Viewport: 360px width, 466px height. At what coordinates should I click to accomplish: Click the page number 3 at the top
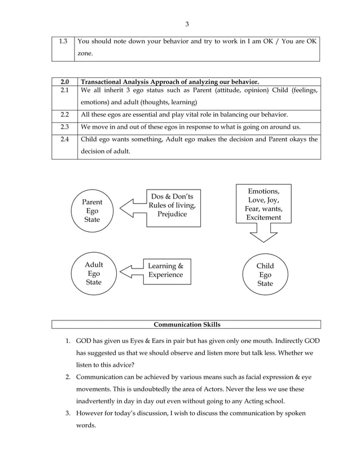[187, 24]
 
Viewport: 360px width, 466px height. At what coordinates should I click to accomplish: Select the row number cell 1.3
[64, 41]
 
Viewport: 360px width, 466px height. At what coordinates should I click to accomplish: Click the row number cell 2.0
[64, 82]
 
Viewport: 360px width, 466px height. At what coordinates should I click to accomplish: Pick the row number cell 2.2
[64, 114]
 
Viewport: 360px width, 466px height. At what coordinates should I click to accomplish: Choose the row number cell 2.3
[64, 126]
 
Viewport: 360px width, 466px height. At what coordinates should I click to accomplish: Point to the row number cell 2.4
[64, 139]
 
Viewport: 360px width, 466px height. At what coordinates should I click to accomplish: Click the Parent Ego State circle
[92, 210]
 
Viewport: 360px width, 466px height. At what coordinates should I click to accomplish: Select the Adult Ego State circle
[93, 274]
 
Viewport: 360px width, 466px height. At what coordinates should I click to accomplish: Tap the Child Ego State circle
[265, 275]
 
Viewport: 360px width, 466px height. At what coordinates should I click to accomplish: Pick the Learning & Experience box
[165, 270]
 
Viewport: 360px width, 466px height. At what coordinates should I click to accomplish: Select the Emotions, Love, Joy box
[263, 204]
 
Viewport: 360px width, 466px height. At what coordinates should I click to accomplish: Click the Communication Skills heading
[187, 324]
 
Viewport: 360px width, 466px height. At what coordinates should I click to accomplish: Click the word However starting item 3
[92, 413]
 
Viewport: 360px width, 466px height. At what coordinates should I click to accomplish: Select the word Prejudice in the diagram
[172, 214]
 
